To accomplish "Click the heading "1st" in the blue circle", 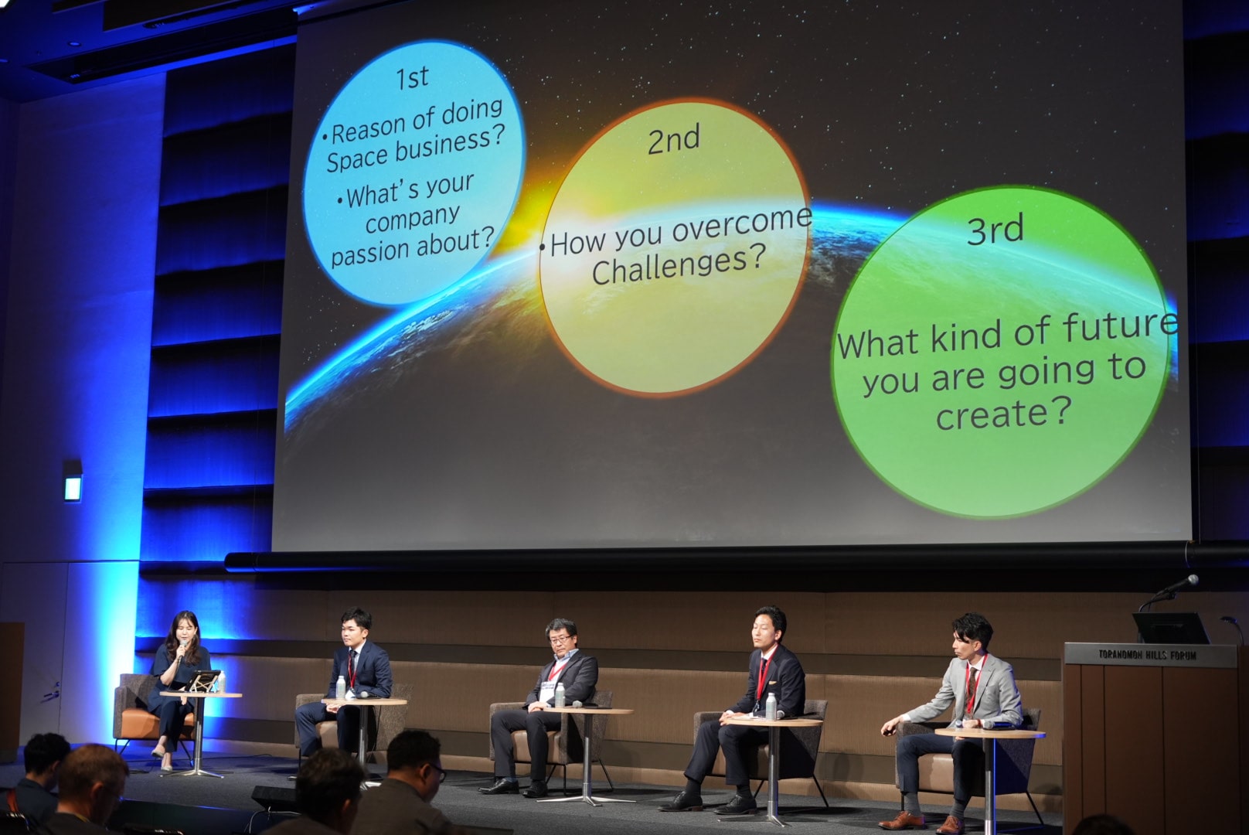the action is pos(412,77).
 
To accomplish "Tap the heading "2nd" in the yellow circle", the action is pos(673,139).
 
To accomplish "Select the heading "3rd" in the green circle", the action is pos(995,229).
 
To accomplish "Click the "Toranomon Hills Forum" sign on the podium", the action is pos(1147,655).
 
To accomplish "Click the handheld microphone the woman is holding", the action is pos(182,649).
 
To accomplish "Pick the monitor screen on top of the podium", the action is pos(1169,628).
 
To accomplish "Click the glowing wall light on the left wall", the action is pos(73,488).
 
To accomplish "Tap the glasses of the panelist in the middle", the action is pos(560,638).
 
